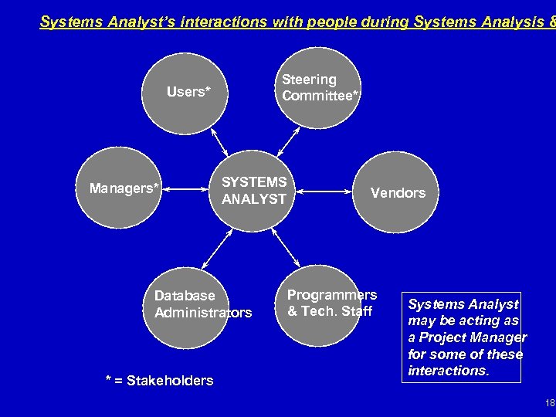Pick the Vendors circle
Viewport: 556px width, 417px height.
pyautogui.click(x=398, y=193)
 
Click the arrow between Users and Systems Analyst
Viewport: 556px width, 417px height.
pyautogui.click(x=219, y=141)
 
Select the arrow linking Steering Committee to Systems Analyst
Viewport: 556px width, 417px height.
pyautogui.click(x=287, y=141)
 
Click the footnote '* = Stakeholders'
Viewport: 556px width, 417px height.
pyautogui.click(x=159, y=380)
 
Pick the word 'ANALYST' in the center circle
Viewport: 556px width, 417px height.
pyautogui.click(x=254, y=199)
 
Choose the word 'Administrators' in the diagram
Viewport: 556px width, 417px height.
pyautogui.click(x=203, y=313)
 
